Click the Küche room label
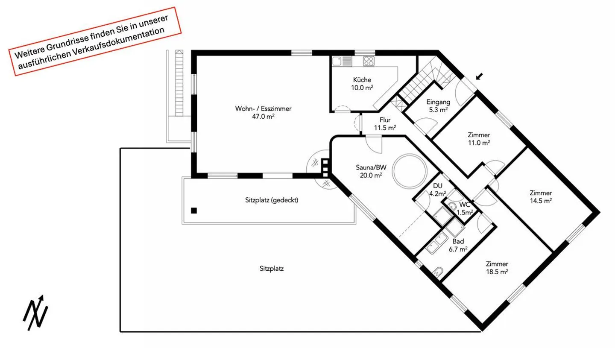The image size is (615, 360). [x=362, y=80]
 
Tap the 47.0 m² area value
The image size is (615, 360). [x=263, y=117]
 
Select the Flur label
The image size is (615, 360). [x=385, y=120]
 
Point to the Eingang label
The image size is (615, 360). [x=438, y=102]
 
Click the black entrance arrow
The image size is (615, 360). [x=479, y=76]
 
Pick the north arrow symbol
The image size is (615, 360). [x=35, y=313]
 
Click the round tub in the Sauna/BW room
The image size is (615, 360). [x=409, y=171]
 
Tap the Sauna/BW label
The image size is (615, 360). [x=371, y=167]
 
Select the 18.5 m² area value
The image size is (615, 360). [x=497, y=272]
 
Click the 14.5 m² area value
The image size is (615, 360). [x=541, y=201]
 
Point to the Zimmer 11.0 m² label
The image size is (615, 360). [x=479, y=139]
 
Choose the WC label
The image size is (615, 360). [x=465, y=205]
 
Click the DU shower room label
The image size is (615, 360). [x=438, y=186]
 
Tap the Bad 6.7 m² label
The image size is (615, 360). [x=458, y=245]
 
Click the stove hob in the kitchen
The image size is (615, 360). [x=369, y=61]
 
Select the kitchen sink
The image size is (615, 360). [x=342, y=61]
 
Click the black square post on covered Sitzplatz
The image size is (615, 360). [x=194, y=211]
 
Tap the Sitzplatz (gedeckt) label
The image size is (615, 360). [x=272, y=200]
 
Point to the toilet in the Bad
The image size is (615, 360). [x=438, y=271]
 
